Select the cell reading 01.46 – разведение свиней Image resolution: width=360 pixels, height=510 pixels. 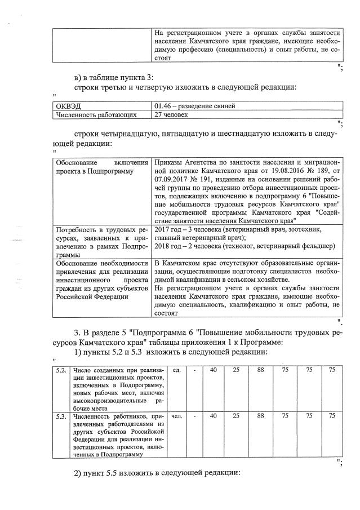(x=194, y=106)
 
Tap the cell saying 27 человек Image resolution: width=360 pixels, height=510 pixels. (x=172, y=115)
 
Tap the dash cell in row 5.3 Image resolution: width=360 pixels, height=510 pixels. (x=194, y=416)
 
